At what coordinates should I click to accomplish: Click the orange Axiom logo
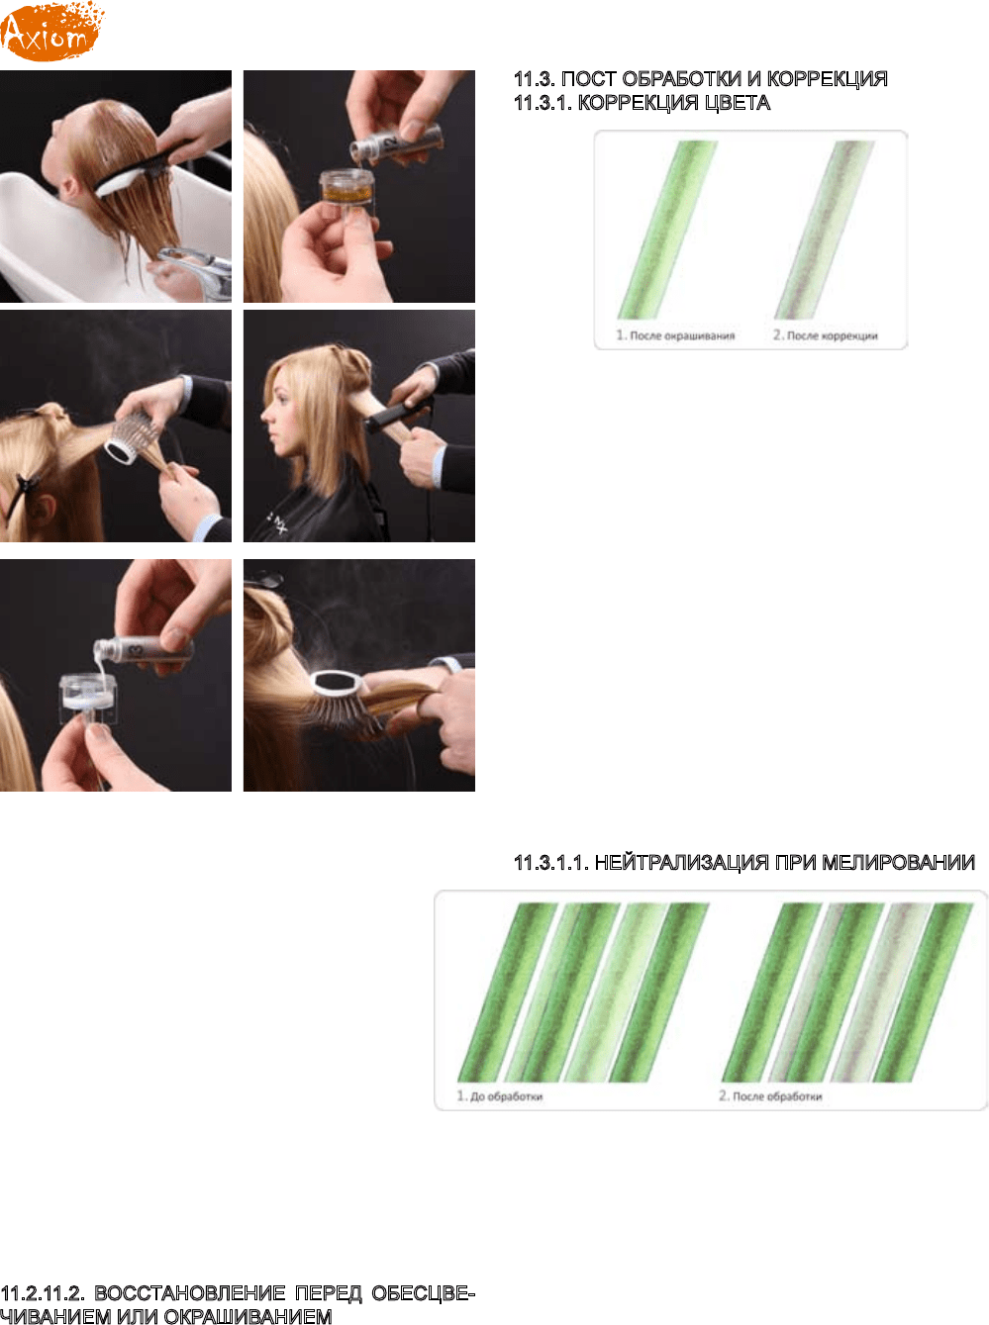pos(51,31)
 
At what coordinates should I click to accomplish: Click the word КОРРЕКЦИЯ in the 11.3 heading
pos(828,79)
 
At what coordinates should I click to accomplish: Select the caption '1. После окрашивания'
pos(675,335)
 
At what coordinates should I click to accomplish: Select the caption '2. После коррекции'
pos(825,335)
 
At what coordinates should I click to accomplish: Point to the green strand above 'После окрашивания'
pos(668,230)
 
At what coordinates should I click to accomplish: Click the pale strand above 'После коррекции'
pos(824,230)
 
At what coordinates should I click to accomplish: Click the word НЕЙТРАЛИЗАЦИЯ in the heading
pos(682,863)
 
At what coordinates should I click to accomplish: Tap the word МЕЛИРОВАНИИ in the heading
pos(899,863)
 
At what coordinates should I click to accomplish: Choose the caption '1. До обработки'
pos(500,1096)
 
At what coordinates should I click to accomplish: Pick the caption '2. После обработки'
pos(770,1096)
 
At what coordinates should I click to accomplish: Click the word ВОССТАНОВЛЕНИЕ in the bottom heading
pos(190,1293)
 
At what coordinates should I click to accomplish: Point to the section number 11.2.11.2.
pos(43,1293)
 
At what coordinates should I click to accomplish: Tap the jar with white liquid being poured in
pos(88,696)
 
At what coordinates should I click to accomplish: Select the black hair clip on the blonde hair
pos(18,495)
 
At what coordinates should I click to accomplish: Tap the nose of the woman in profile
pos(265,416)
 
